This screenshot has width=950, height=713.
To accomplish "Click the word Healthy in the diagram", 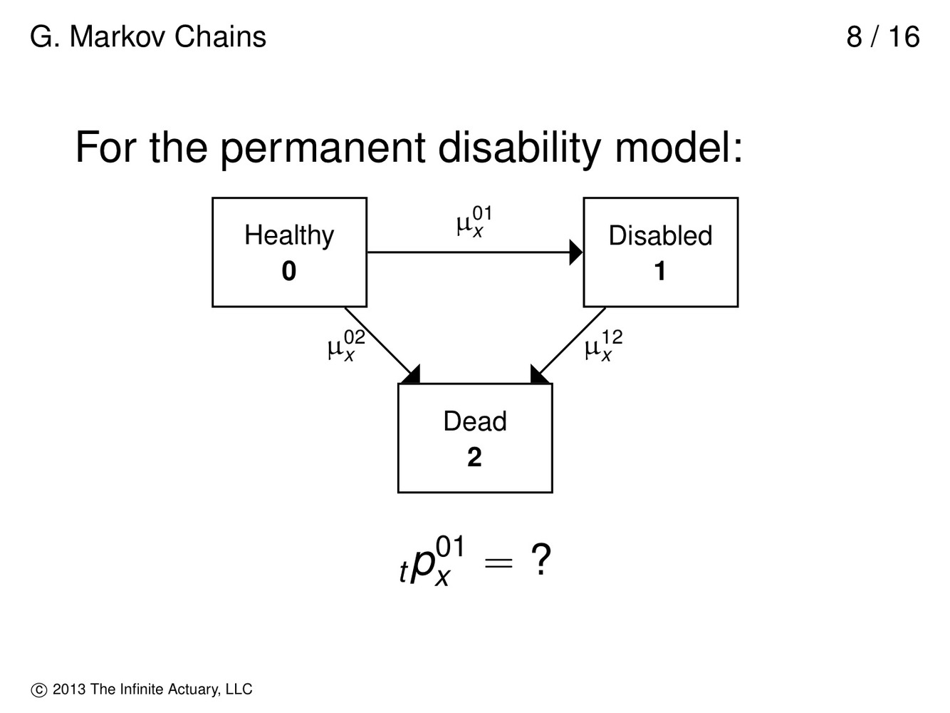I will (289, 235).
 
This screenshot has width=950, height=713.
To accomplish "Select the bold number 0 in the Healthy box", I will (289, 272).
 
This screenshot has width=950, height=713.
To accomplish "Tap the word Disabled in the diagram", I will (660, 236).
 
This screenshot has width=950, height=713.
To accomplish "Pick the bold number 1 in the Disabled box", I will (660, 272).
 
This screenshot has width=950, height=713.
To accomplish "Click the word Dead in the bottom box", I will (475, 421).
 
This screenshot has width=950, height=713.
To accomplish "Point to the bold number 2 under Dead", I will (475, 457).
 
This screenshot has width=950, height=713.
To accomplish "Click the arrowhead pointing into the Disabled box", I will (576, 252).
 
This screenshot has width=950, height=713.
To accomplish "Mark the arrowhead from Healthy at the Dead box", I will (412, 375).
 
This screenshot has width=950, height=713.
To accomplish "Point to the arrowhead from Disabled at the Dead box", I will (539, 375).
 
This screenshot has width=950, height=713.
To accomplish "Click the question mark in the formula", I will (541, 561).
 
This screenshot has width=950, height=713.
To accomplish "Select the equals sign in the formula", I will (499, 563).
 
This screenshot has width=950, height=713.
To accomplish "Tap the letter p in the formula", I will (424, 563).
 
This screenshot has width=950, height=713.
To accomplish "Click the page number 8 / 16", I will (883, 37).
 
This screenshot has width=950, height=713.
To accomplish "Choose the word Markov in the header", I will (117, 37).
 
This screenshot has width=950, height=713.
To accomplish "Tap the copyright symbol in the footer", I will (38, 690).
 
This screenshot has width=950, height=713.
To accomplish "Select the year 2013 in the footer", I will (70, 689).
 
